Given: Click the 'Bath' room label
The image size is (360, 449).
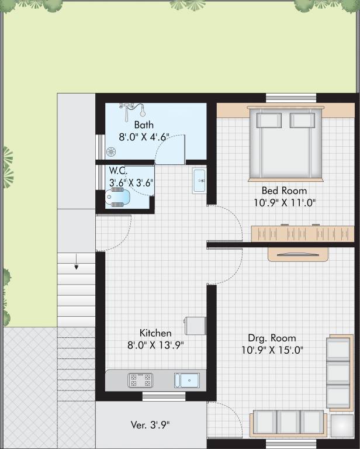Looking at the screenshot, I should [144, 125].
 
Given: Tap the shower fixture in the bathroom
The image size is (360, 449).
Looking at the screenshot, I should [132, 108].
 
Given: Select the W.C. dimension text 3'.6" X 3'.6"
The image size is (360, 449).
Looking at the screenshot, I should [131, 182].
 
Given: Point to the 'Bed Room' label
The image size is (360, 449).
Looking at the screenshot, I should [284, 191].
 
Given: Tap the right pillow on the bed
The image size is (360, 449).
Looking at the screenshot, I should [302, 120].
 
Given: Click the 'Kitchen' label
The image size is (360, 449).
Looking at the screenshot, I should [155, 333].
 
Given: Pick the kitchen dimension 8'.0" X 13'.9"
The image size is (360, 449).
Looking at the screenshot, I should [155, 345].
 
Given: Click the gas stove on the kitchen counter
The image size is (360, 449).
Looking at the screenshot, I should [140, 381].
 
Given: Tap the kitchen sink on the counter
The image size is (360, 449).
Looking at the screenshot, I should [186, 381].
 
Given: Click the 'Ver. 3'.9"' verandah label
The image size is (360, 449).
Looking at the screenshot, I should [150, 424].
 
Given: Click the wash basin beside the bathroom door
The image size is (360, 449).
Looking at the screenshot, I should [199, 180].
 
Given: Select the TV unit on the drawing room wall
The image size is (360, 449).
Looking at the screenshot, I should [299, 254].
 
